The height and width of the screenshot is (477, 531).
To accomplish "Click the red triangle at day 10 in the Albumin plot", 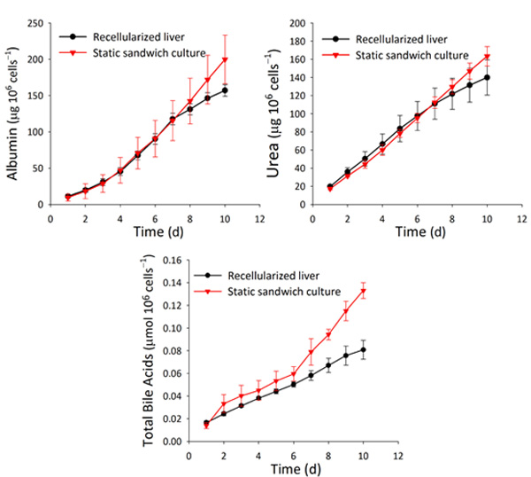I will [225, 60].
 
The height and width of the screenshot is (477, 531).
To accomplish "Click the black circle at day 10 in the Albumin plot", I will [225, 90].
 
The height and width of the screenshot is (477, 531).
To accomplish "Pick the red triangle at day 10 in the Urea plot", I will [487, 57].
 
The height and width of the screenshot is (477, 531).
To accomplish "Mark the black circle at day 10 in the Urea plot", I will [487, 78].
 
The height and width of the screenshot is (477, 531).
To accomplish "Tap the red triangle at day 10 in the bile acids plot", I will [363, 291].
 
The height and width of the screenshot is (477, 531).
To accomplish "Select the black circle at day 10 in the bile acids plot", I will [363, 349].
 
